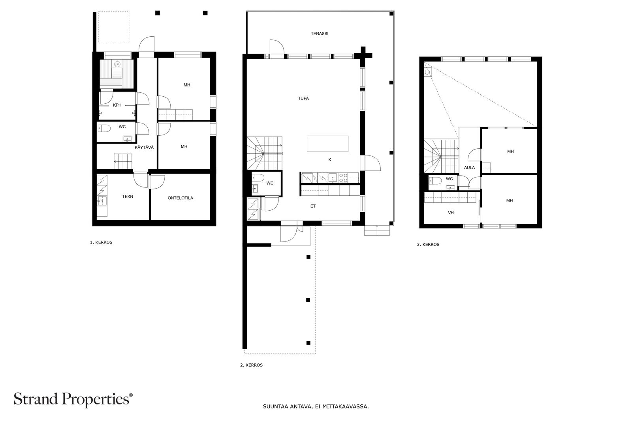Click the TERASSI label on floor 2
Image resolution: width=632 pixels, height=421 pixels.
320,34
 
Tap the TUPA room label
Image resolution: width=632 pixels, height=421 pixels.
303,98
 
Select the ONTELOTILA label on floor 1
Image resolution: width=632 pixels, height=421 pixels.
180,198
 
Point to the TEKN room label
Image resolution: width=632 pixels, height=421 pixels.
128,196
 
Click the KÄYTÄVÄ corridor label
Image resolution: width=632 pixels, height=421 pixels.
144,148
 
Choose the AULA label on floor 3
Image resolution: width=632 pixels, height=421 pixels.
470,168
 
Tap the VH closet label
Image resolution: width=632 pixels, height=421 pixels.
451,213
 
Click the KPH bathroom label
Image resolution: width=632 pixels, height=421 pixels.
117,105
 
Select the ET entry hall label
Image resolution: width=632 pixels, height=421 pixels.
313,206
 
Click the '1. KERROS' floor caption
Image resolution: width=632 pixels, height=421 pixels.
101,242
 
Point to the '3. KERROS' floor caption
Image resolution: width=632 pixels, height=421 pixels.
428,245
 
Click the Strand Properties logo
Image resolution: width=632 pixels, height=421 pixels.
73,399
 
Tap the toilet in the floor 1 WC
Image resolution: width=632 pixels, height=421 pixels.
104,129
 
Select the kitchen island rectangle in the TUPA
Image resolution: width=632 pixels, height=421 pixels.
327,144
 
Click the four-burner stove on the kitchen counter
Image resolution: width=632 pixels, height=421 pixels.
343,178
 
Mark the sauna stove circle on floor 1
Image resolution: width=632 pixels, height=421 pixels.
117,64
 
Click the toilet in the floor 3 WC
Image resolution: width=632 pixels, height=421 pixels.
435,180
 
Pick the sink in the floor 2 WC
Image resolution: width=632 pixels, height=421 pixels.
255,189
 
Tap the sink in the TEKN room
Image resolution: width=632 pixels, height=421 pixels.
102,201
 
